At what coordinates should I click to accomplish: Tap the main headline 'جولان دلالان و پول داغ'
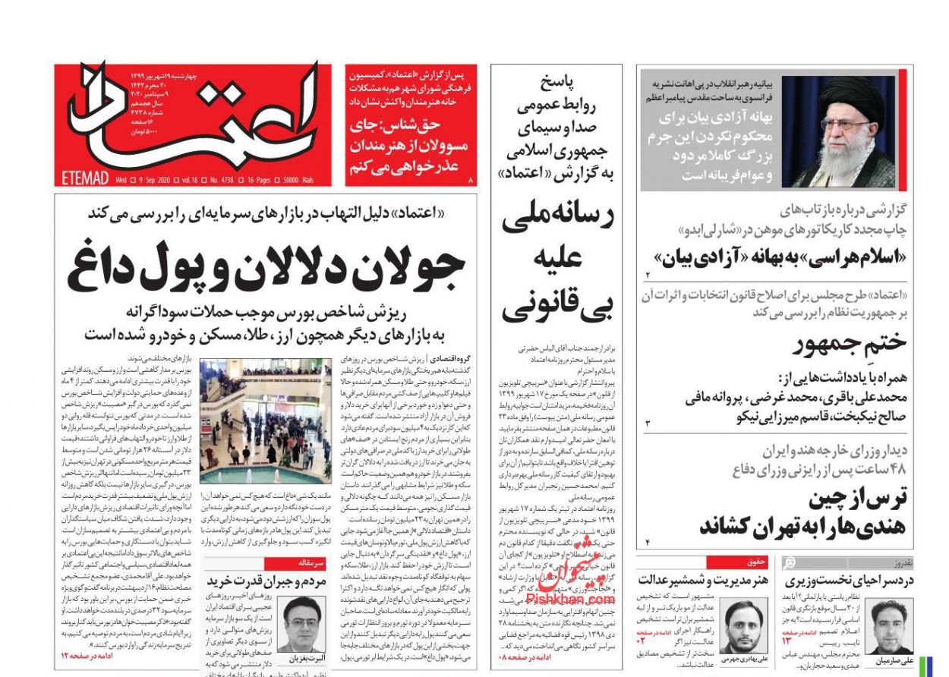pyautogui.click(x=266, y=267)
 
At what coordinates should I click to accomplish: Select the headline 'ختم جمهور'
pyautogui.click(x=850, y=344)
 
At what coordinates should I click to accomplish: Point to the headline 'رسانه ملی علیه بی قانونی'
pyautogui.click(x=556, y=259)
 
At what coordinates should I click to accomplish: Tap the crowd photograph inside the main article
pyautogui.click(x=266, y=421)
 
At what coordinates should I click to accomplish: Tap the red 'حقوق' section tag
pyautogui.click(x=735, y=562)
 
